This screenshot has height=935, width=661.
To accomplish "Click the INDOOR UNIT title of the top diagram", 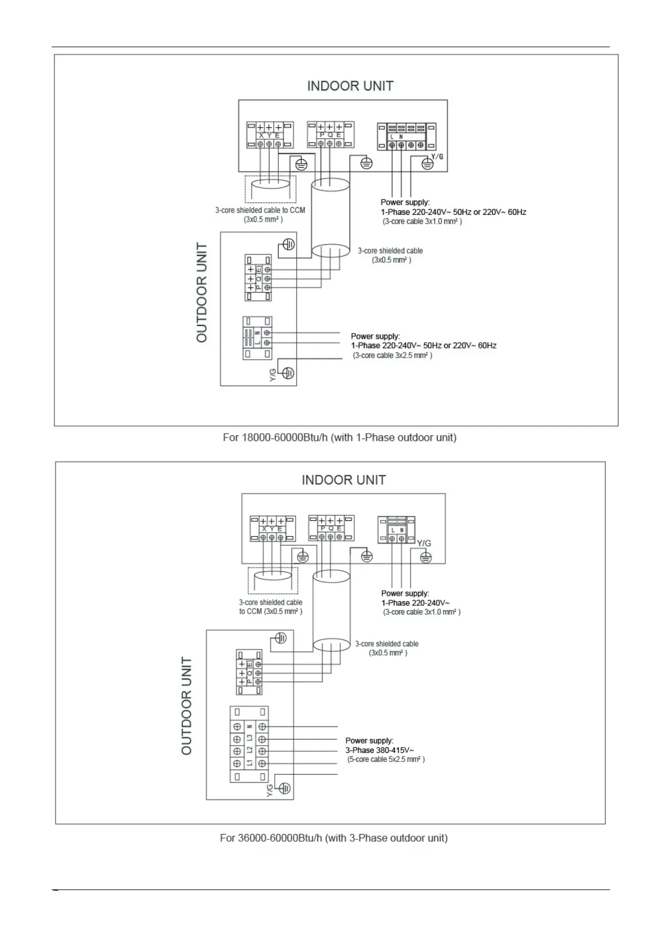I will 350,86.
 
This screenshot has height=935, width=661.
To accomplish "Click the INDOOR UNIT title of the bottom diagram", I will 343,480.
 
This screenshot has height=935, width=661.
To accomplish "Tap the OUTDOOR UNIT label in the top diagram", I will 202,293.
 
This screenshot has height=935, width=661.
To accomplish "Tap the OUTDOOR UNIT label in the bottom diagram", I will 187,706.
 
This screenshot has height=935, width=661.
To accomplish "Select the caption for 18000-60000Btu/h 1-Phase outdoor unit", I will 339,438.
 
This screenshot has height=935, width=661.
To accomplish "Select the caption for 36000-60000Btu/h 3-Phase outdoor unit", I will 333,838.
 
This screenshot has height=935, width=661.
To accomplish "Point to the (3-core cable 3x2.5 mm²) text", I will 392,355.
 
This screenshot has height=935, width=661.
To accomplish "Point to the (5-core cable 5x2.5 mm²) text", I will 386,759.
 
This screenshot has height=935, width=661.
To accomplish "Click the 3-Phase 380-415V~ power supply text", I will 379,750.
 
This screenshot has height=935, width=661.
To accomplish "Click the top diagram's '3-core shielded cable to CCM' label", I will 260,210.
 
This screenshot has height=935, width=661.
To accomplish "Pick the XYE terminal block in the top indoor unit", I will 269,135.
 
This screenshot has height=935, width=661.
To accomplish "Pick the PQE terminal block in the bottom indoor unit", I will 331,528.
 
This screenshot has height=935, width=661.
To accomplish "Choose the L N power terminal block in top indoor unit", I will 406,137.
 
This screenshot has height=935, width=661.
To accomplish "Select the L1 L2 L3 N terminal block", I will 249,745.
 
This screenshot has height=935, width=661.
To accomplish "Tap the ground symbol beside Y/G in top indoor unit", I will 427,163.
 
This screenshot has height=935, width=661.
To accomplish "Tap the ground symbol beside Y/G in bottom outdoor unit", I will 284,788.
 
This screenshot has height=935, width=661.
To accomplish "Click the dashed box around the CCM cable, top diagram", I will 271,189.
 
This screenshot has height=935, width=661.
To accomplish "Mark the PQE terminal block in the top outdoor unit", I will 258,278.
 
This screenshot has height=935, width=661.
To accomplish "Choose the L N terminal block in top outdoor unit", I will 257,338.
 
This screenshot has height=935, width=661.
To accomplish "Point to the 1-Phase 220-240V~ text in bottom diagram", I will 415,603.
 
